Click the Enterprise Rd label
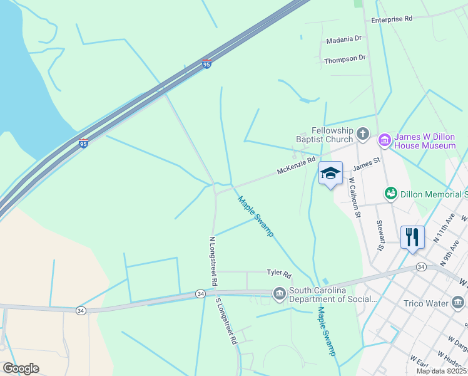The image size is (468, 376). pos(392,19)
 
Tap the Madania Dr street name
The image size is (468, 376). pos(344,39)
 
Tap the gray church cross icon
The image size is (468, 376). pos(363,133)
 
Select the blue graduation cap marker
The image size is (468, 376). pos(330,173)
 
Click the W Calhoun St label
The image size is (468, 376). pos(355,197)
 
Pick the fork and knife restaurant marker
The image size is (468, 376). pos(412,238)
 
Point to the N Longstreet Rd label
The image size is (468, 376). pos(213,261)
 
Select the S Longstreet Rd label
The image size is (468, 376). pos(226,321)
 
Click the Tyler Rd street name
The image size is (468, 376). pos(279,274)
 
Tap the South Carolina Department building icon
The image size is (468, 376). pos(279,293)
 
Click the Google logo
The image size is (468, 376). pos(21,368)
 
